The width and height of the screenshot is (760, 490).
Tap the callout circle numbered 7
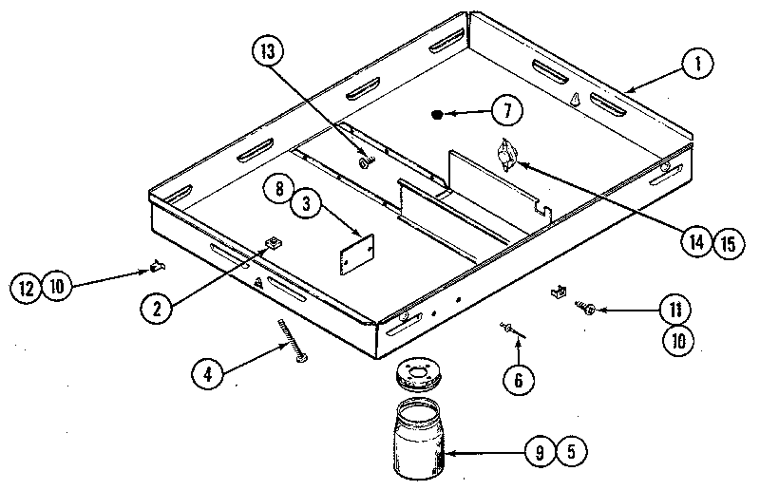507,112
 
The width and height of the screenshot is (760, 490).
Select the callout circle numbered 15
727,242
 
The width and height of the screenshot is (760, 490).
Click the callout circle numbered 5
570,453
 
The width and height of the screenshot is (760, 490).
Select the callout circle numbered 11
674,310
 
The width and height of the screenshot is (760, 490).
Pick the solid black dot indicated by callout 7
438,116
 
